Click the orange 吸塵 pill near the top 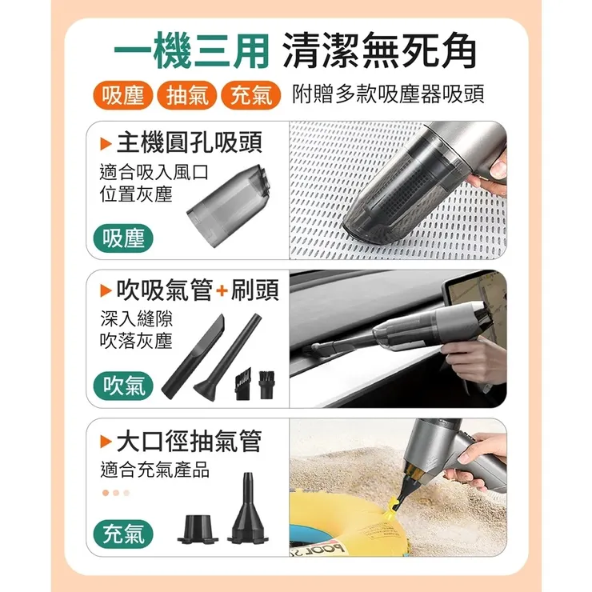(x=122, y=95)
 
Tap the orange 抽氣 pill (x=187, y=95)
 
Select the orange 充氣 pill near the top (x=251, y=95)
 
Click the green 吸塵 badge (x=123, y=238)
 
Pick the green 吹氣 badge (x=123, y=386)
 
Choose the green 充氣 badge (x=123, y=534)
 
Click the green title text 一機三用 (x=192, y=51)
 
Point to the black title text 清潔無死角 (x=379, y=51)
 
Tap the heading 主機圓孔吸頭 (x=189, y=142)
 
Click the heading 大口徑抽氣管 (x=189, y=441)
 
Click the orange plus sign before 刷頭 (x=222, y=290)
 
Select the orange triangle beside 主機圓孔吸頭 (x=106, y=143)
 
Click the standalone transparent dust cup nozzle (x=229, y=206)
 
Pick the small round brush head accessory (x=266, y=385)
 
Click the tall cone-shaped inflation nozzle (x=248, y=508)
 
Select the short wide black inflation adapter (x=198, y=529)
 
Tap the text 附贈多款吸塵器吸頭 (x=388, y=94)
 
